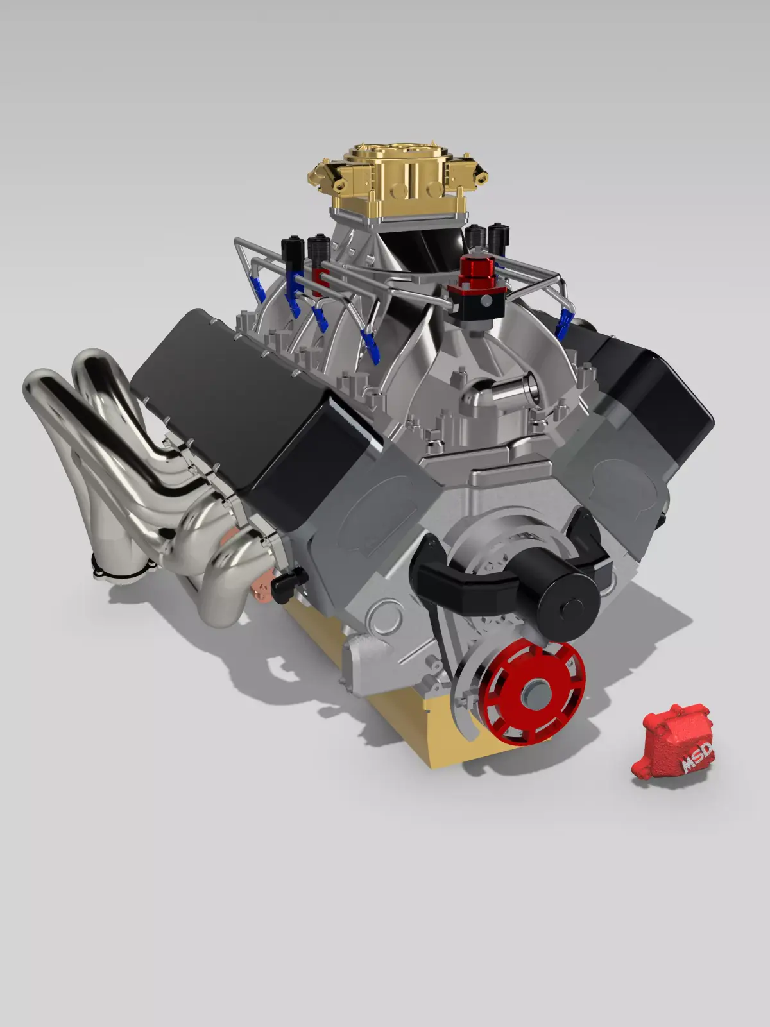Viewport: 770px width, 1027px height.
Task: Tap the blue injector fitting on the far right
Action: [565, 323]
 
